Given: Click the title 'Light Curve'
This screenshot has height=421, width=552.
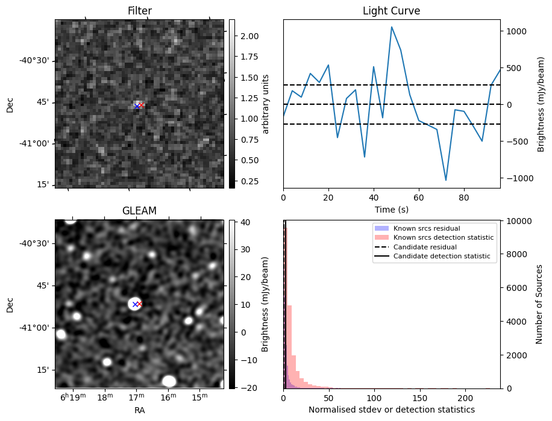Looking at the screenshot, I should click(x=391, y=11).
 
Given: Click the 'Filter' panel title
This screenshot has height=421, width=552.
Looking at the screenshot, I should click(x=139, y=11).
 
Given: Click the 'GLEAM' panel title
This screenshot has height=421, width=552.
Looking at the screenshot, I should click(x=139, y=211).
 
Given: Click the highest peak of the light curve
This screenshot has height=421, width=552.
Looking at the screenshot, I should click(x=392, y=27).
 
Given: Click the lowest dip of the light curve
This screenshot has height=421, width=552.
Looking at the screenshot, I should click(x=446, y=180).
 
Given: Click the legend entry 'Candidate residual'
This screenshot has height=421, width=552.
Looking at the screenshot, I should click(x=425, y=248).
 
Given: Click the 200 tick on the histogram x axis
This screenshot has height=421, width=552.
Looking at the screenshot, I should click(x=465, y=398).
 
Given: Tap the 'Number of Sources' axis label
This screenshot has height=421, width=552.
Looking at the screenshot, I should click(x=539, y=304).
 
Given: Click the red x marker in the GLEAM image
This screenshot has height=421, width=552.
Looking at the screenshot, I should click(x=139, y=304).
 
